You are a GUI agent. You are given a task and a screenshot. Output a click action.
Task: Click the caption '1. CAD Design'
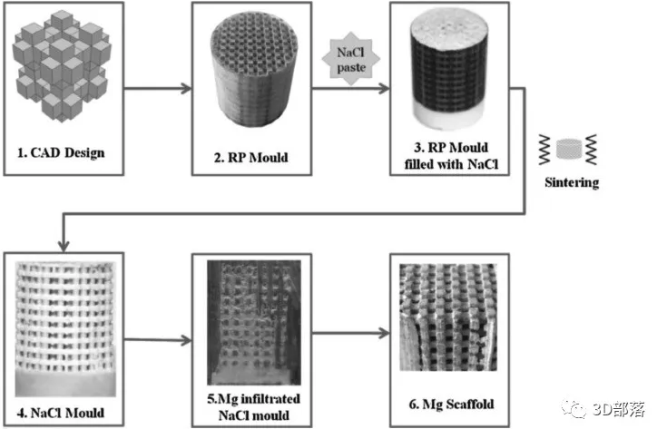point(61,153)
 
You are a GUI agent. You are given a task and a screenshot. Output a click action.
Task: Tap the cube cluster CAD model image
point(62,66)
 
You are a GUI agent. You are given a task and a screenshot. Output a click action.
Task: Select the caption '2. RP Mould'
point(251,158)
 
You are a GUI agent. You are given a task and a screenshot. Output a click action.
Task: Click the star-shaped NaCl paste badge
point(351,59)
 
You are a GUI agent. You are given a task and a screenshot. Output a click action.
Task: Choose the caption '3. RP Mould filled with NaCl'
point(451,156)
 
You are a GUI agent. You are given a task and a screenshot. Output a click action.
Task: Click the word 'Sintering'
point(572,182)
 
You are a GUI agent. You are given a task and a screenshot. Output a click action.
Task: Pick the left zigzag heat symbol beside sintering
point(544,150)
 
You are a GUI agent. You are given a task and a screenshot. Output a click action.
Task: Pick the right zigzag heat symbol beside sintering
point(592,150)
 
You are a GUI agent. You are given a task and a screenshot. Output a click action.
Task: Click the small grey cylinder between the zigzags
point(569,150)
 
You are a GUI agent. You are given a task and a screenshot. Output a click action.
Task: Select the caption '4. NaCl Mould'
point(61,413)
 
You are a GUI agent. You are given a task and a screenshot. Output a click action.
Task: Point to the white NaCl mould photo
point(65,329)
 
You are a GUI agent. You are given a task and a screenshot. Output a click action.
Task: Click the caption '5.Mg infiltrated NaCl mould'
point(253,407)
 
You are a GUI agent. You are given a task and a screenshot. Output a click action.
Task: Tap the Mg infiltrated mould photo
point(254,323)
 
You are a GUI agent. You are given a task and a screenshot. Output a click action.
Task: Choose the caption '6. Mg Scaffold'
point(451,405)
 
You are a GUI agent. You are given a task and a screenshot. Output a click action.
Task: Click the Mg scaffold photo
point(448,317)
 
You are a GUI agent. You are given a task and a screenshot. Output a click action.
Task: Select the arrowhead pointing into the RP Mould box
point(186,88)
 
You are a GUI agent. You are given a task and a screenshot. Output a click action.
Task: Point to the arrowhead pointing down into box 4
point(64,246)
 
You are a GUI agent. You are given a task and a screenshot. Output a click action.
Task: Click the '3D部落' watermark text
point(619,409)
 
